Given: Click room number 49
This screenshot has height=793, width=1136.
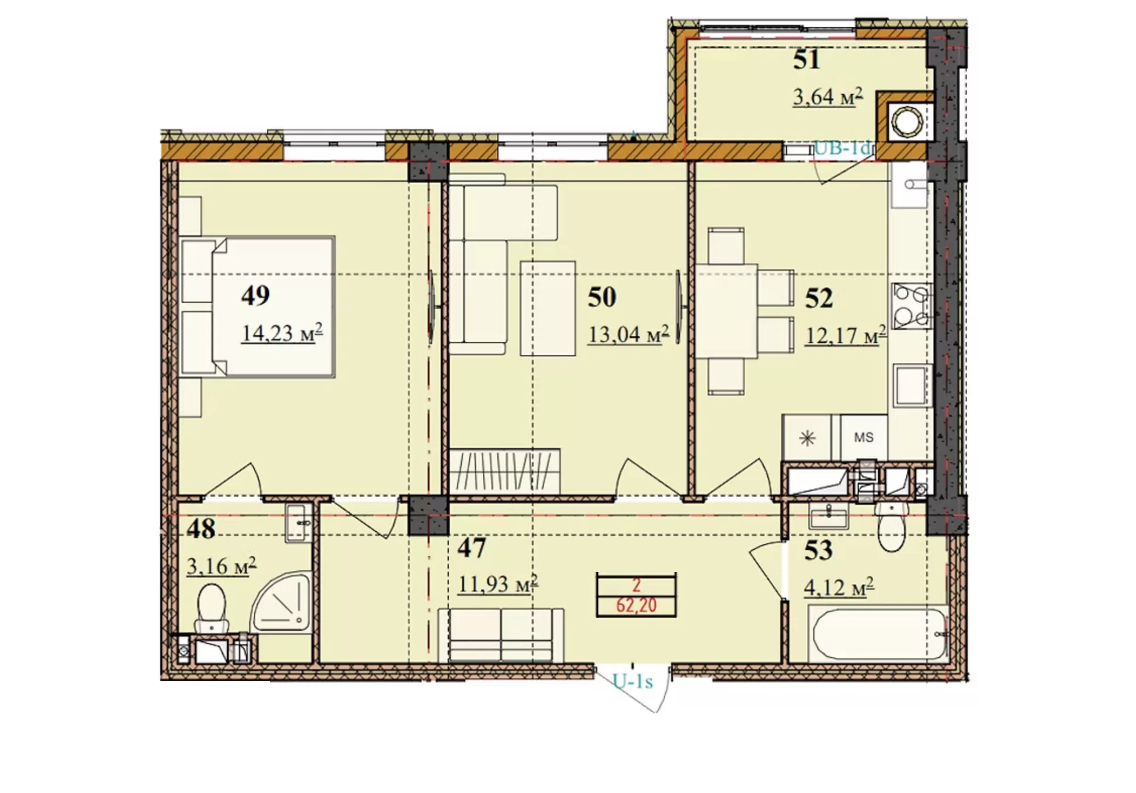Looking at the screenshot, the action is [255, 295].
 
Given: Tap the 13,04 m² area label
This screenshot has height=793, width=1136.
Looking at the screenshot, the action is [628, 334].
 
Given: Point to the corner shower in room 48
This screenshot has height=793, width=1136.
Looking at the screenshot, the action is [281, 602].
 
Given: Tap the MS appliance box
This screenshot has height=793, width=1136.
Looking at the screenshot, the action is [863, 437].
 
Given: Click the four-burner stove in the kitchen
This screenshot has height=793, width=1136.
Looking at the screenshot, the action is [912, 306].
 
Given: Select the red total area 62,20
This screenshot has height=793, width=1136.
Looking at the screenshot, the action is [636, 605].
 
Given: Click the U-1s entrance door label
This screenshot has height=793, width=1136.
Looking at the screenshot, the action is [633, 682].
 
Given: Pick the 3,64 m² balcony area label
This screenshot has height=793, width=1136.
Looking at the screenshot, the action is [828, 97].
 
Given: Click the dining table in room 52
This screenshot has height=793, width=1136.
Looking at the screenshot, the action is [727, 311].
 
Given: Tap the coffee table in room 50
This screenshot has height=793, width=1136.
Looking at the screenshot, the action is [548, 308].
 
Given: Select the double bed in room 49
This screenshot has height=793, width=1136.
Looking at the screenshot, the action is [258, 307].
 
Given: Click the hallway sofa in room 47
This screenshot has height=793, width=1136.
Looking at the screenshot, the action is [501, 635].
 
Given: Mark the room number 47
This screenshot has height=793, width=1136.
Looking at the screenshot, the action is [471, 548].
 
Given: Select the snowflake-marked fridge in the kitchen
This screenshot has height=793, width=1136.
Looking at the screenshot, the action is [808, 437].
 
